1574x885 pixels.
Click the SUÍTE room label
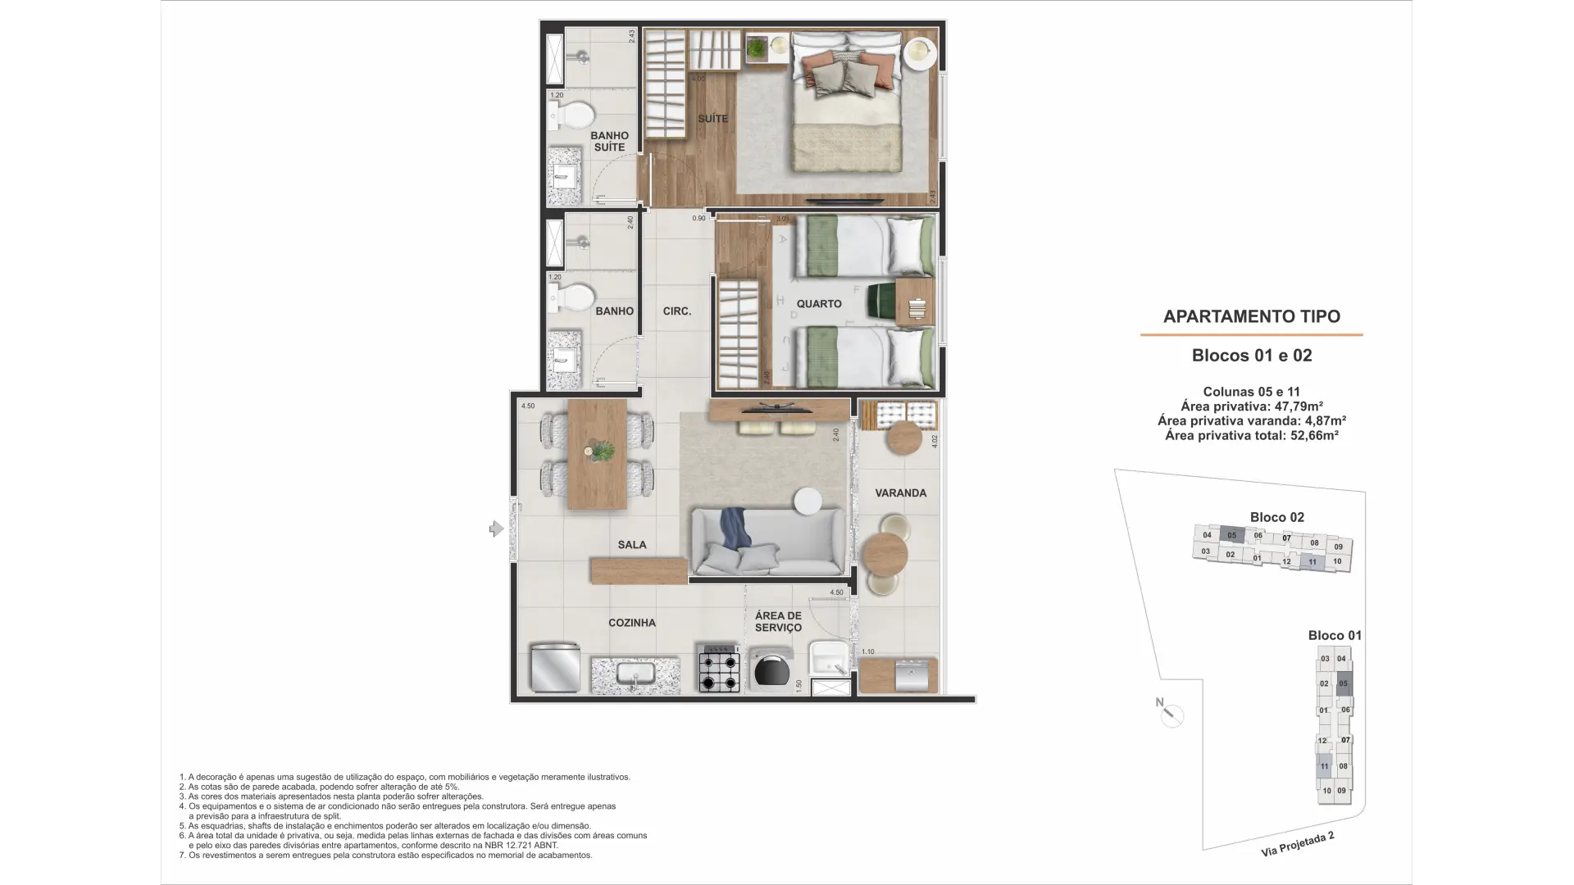712,119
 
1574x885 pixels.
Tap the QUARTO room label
818,304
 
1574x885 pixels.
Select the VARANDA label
900,493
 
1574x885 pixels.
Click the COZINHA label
631,623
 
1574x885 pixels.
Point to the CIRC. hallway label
676,311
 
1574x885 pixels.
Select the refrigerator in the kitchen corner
554,668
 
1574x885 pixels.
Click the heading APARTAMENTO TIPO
1251,316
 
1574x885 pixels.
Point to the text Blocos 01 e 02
1251,356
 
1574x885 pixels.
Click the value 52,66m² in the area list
1314,436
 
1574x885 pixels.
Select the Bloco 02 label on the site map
1276,517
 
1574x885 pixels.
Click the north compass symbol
1171,715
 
